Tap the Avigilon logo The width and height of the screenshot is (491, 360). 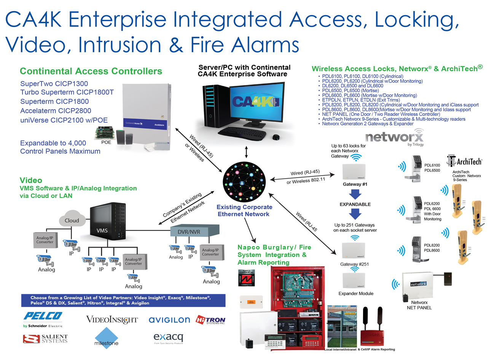pyautogui.click(x=169, y=320)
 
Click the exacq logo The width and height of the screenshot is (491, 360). pyautogui.click(x=168, y=338)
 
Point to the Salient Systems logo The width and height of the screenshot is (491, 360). pyautogui.click(x=45, y=339)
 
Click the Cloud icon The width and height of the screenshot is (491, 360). pyautogui.click(x=72, y=219)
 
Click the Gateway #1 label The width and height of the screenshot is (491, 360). pyautogui.click(x=355, y=184)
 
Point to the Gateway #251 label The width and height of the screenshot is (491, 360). pyautogui.click(x=354, y=264)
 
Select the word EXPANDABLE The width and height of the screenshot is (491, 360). pyautogui.click(x=355, y=204)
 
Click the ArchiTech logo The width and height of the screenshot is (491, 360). pyautogui.click(x=464, y=161)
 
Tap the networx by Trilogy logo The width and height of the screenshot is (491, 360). pyautogui.click(x=394, y=137)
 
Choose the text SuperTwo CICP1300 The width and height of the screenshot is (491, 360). pyautogui.click(x=54, y=84)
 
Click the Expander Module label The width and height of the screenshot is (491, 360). pyautogui.click(x=356, y=293)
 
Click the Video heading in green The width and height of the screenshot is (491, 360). pyautogui.click(x=31, y=180)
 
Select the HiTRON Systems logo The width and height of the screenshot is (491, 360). pyautogui.click(x=210, y=320)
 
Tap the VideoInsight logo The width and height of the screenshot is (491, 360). pyautogui.click(x=112, y=320)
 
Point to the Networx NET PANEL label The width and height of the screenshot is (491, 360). pyautogui.click(x=419, y=305)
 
